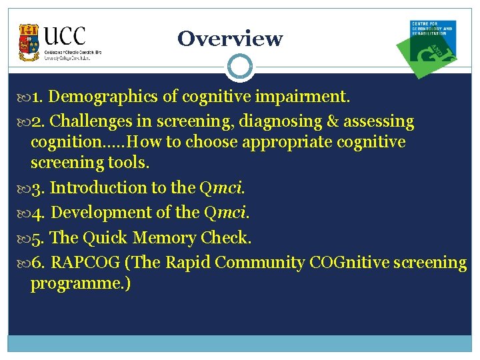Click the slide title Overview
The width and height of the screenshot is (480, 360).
pyautogui.click(x=230, y=39)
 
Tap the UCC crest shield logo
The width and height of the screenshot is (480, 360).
pyautogui.click(x=29, y=42)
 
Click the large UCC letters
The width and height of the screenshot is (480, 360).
pyautogui.click(x=65, y=35)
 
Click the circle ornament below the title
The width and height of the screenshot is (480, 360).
pyautogui.click(x=239, y=67)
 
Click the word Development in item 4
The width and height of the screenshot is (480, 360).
pyautogui.click(x=98, y=213)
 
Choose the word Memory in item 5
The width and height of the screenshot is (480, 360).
pyautogui.click(x=161, y=238)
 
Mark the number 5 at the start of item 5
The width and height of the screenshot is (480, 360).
pyautogui.click(x=37, y=238)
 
